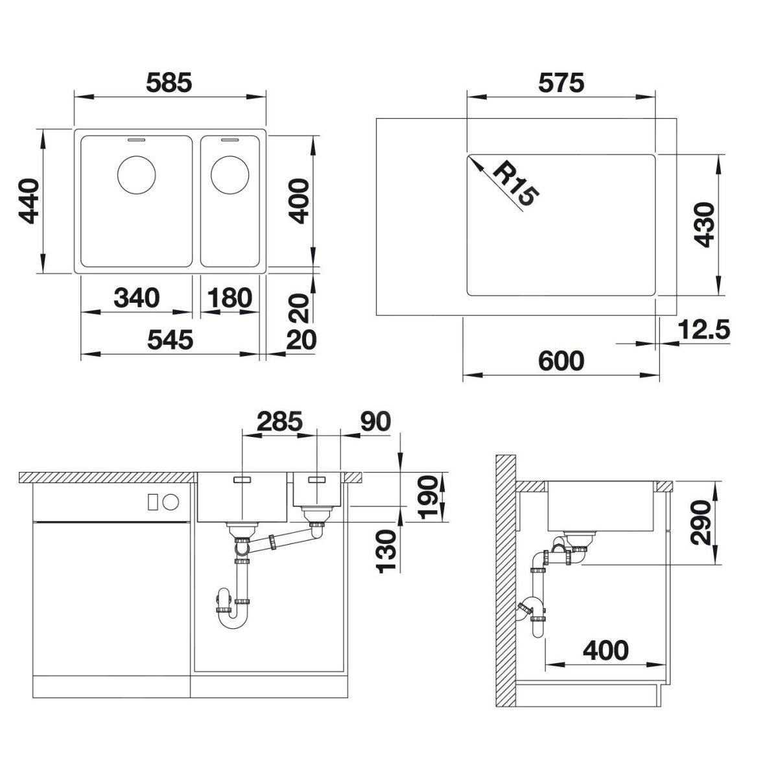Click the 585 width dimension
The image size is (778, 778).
point(169,82)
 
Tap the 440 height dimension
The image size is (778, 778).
point(29,201)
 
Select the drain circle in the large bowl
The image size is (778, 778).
point(136,175)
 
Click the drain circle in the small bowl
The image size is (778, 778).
point(230,175)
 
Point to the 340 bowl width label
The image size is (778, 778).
point(137,298)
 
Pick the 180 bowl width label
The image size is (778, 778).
point(230,298)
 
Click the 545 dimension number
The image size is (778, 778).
point(170,340)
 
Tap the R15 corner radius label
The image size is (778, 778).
point(515,185)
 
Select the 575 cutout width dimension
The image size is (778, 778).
point(561,82)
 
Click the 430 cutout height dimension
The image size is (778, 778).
point(704,224)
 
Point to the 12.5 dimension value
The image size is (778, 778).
point(703,329)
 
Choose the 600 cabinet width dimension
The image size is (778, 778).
point(561,360)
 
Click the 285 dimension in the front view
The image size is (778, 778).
point(280,421)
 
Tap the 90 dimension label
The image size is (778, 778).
point(375,421)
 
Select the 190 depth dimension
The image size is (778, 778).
point(428,497)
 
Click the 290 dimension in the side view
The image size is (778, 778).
point(700,523)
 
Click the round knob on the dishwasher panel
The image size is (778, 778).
point(171,502)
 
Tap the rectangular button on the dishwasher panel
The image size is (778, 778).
point(153,502)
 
